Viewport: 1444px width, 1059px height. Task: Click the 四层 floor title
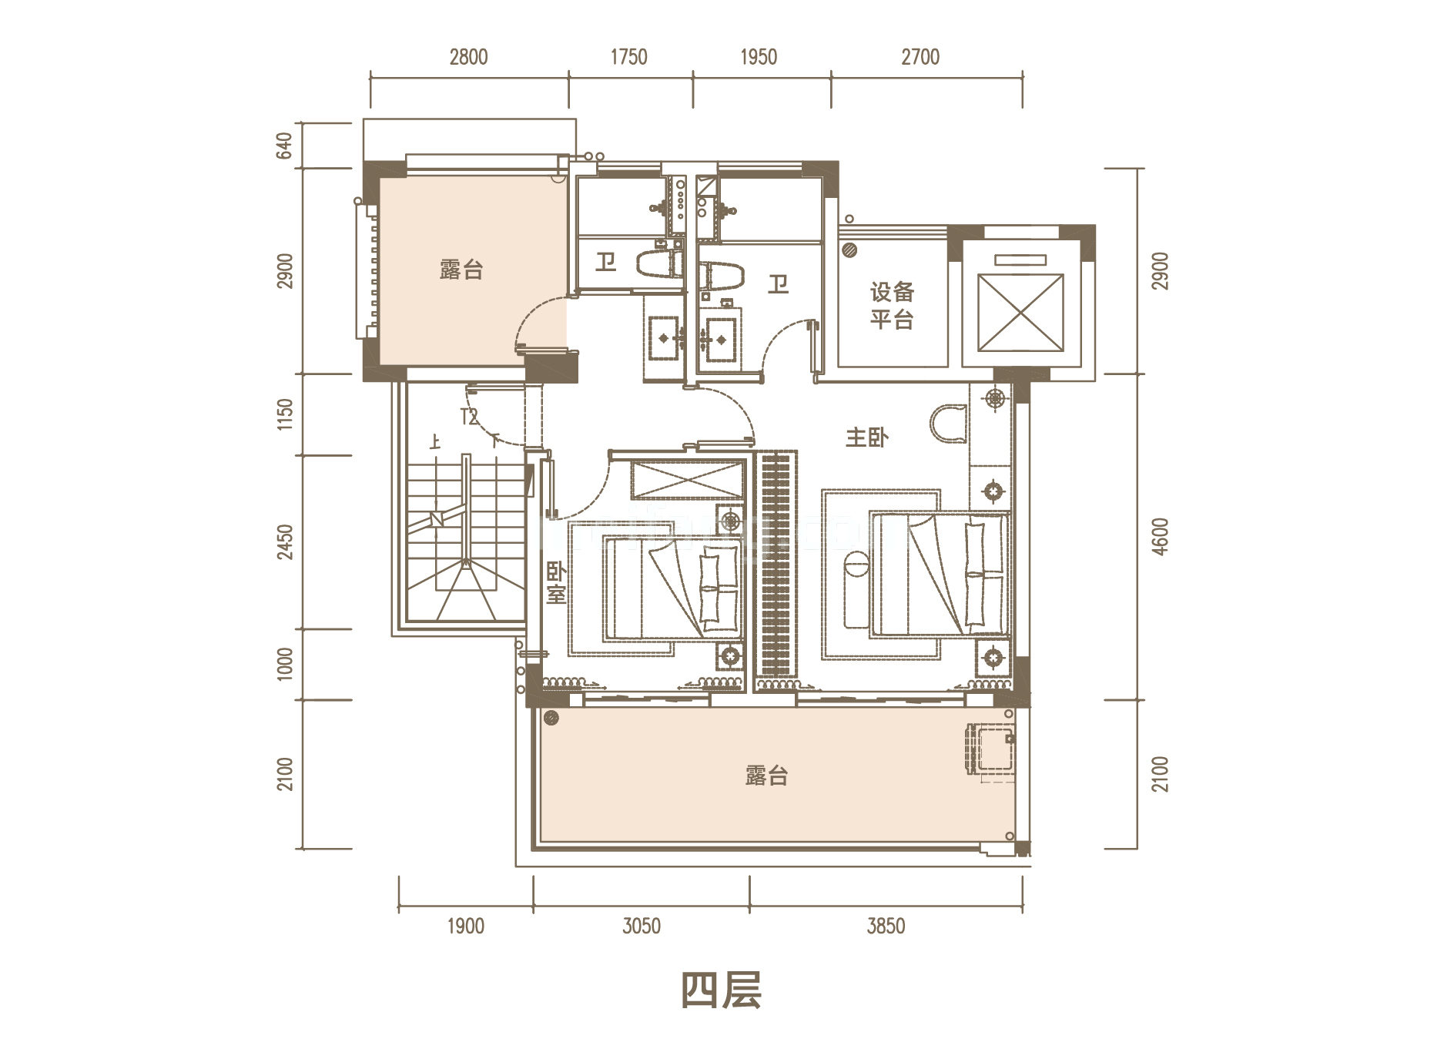722,990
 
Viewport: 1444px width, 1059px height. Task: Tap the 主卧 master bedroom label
866,437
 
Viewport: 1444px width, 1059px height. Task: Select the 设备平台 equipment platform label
892,305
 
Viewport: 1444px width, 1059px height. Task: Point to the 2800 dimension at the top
468,57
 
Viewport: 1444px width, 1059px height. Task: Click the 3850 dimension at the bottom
886,926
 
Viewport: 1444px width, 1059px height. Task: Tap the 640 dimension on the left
284,146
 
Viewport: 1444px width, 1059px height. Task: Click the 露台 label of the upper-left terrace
461,270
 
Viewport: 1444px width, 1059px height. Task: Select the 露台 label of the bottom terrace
766,775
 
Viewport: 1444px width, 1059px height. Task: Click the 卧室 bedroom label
555,583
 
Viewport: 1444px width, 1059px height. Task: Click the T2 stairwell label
469,417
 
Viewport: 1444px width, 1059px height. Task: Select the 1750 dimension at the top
628,57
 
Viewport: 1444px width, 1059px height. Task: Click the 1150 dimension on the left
284,414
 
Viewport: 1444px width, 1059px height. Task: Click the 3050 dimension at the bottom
641,926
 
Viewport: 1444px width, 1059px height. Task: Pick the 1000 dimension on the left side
284,664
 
